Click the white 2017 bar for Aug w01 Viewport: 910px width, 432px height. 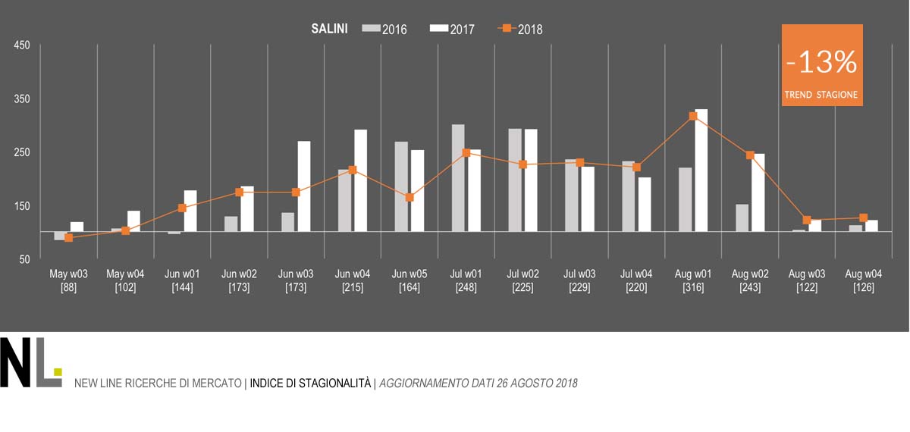pyautogui.click(x=701, y=171)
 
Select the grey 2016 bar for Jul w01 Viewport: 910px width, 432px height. pyautogui.click(x=458, y=178)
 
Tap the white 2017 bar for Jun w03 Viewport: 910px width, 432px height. pyautogui.click(x=304, y=186)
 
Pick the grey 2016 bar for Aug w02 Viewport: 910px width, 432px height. pyautogui.click(x=742, y=218)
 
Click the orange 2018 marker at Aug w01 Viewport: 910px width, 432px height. pyautogui.click(x=693, y=116)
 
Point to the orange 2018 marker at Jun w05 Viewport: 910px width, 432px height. pyautogui.click(x=409, y=197)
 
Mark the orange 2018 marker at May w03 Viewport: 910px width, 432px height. pyautogui.click(x=69, y=238)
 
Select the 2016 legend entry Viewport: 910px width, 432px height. pyautogui.click(x=385, y=30)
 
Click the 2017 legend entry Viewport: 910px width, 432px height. pyautogui.click(x=453, y=30)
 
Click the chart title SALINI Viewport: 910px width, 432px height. pyautogui.click(x=329, y=29)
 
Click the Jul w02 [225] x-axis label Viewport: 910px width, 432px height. pyautogui.click(x=522, y=281)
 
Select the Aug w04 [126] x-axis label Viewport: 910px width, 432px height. pyautogui.click(x=863, y=281)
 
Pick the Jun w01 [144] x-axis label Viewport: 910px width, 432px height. pyautogui.click(x=182, y=281)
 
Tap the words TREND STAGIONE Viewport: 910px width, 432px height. pyautogui.click(x=821, y=95)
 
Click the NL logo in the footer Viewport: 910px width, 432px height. pyautogui.click(x=30, y=363)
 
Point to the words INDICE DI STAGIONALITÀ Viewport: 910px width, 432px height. pyautogui.click(x=310, y=383)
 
